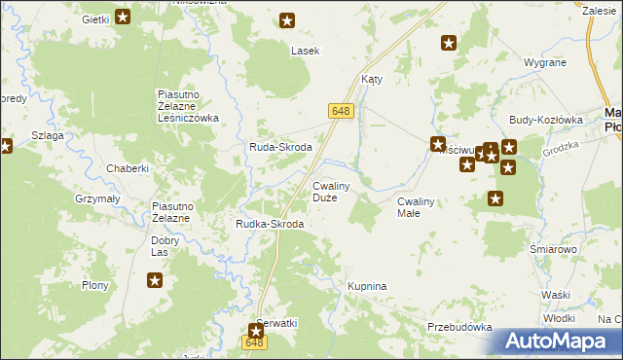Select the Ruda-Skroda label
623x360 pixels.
tap(280, 147)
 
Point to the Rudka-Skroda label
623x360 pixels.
tap(270, 224)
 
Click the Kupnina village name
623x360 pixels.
tap(367, 286)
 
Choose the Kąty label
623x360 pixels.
tap(372, 80)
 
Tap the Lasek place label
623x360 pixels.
tap(305, 50)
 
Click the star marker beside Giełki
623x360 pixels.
tap(123, 17)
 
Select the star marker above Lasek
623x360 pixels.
tap(287, 19)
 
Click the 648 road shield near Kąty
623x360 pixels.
tap(340, 113)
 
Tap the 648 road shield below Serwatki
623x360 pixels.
tap(254, 342)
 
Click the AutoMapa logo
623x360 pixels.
tap(558, 342)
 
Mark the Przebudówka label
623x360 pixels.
tap(459, 327)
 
